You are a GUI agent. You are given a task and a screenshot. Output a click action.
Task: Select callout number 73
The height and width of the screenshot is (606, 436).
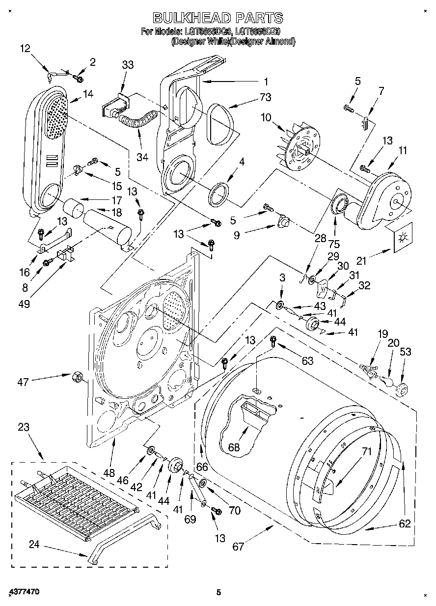[266, 98]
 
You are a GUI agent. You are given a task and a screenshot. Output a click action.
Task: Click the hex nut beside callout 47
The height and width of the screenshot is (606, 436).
[76, 376]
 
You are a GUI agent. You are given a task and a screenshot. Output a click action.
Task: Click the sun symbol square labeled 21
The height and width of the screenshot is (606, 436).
[403, 239]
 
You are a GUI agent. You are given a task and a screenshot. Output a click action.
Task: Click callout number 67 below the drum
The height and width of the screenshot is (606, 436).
[238, 546]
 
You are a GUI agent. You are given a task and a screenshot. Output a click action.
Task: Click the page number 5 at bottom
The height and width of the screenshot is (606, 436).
[219, 593]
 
